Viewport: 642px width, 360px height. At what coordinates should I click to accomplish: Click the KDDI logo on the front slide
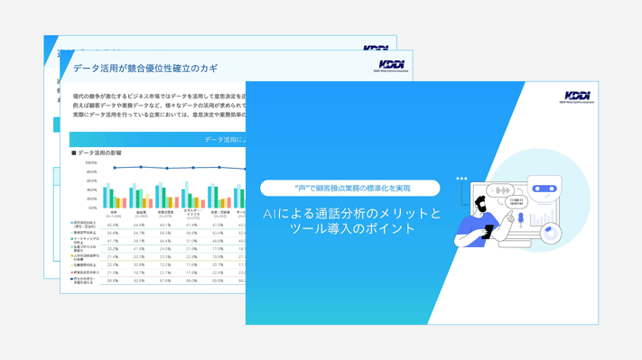(576, 97)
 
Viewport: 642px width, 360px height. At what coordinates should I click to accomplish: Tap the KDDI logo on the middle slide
(392, 65)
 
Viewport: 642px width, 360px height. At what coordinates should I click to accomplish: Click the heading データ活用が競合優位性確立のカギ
(145, 68)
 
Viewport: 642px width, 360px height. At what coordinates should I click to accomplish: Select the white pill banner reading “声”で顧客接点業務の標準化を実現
(350, 188)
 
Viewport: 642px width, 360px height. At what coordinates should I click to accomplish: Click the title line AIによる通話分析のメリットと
(351, 214)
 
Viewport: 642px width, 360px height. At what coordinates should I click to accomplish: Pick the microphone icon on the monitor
(521, 218)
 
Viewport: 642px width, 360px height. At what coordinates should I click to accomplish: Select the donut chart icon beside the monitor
(551, 233)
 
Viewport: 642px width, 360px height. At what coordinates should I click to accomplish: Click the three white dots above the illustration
(461, 179)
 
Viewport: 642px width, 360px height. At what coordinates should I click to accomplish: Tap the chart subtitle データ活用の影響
(99, 153)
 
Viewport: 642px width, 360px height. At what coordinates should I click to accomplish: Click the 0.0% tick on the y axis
(91, 208)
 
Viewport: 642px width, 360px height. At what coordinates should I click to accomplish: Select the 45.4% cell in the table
(114, 225)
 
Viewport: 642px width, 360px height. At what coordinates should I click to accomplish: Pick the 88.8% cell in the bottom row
(114, 281)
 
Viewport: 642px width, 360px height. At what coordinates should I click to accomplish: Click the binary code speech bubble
(516, 202)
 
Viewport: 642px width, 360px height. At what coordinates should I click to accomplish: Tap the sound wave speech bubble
(499, 190)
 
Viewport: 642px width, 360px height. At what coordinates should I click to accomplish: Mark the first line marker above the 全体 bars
(114, 168)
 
